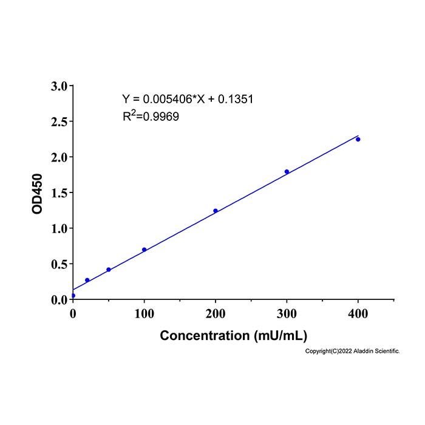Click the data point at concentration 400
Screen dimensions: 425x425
tap(358, 139)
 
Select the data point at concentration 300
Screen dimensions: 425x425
tap(287, 172)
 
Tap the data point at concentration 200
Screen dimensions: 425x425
tap(216, 211)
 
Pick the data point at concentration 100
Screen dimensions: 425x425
tap(144, 250)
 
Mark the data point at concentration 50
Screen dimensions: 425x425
tap(109, 270)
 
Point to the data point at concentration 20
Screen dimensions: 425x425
tap(87, 280)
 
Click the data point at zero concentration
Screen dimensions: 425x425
tap(73, 296)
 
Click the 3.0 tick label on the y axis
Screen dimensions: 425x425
tap(59, 86)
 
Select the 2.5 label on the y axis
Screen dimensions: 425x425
tap(59, 122)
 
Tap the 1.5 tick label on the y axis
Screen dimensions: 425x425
tap(59, 193)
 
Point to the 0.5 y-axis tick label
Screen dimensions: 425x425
tap(59, 264)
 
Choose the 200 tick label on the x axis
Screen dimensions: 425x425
tap(216, 314)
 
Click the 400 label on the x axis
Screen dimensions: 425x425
tap(358, 314)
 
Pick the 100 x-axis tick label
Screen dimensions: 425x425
tap(144, 314)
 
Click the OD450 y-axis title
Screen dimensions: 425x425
tap(37, 194)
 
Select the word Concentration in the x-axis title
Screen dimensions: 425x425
tap(205, 336)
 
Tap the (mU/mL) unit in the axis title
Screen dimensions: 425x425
tap(280, 336)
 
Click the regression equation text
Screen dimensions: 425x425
tap(188, 99)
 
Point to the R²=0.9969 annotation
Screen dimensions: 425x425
tap(151, 116)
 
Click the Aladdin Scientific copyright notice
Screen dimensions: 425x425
tap(352, 352)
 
